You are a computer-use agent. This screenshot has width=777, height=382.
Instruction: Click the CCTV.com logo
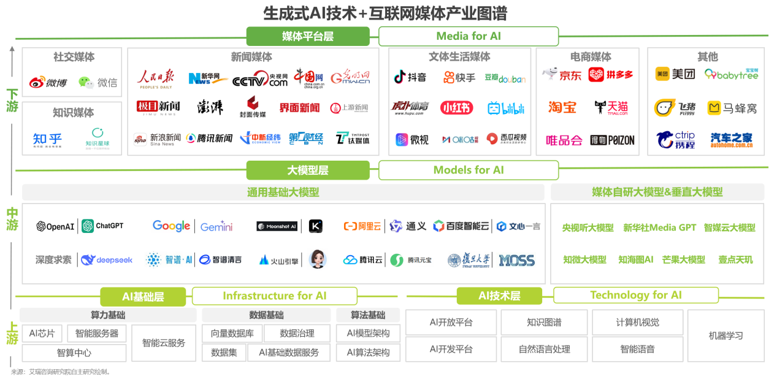coord(260,79)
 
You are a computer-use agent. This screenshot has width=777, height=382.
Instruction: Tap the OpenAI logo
coord(55,226)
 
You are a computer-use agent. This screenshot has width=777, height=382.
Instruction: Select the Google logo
coord(171,226)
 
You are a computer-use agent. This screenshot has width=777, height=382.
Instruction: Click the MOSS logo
coord(516,260)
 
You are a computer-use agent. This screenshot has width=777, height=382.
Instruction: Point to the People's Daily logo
coord(155,78)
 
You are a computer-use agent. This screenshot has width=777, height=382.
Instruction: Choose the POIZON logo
coord(613,140)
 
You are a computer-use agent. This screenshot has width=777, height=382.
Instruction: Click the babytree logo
coord(731,74)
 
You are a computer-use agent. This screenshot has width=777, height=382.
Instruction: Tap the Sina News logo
coord(158,139)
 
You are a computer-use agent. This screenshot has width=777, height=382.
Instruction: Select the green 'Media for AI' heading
coord(469,36)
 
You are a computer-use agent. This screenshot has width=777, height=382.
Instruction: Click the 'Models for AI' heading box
coord(469,170)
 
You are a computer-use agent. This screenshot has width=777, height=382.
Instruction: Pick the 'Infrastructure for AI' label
coord(274,296)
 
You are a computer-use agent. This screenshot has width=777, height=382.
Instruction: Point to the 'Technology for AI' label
coord(635,296)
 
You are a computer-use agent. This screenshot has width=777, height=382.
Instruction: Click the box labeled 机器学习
coord(725,336)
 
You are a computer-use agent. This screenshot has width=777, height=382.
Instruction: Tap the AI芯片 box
coord(42,334)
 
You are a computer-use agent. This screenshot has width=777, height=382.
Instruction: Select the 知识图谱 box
coord(544,323)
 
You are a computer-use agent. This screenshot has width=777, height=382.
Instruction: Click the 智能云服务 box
coord(163,343)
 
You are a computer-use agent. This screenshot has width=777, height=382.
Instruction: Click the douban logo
coord(505,78)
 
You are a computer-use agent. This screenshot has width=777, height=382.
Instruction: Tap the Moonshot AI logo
coord(277,226)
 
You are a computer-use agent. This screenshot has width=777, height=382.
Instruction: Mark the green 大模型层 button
coord(308,170)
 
